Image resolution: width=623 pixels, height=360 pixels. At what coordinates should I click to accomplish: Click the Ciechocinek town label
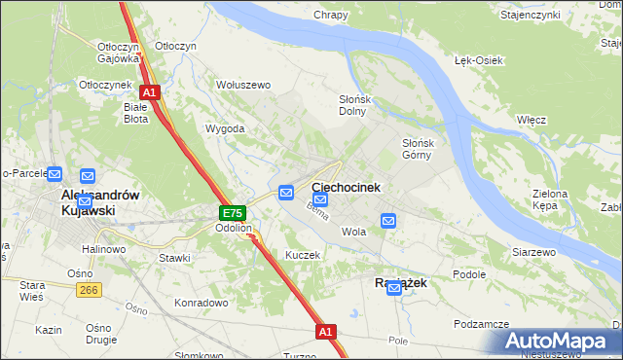coord(346,186)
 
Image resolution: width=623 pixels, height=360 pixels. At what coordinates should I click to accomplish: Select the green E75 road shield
coord(232,213)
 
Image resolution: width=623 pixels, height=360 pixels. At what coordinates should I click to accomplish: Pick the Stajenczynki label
coord(557,16)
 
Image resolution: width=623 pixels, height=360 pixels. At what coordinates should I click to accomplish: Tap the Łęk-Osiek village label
coord(479,60)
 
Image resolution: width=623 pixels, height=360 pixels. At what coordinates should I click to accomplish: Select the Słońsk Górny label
coord(423,148)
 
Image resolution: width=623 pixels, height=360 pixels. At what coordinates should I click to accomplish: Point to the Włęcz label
coord(531,119)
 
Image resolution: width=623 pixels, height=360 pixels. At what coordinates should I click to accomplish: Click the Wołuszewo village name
coord(243,85)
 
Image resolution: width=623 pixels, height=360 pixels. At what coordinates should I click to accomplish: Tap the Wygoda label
coord(224,128)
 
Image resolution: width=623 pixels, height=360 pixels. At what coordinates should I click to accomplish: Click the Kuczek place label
coord(302,254)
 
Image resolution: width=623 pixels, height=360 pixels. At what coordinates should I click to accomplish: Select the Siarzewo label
coord(533,252)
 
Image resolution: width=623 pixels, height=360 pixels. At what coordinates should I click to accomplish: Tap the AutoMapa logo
coord(558,342)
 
